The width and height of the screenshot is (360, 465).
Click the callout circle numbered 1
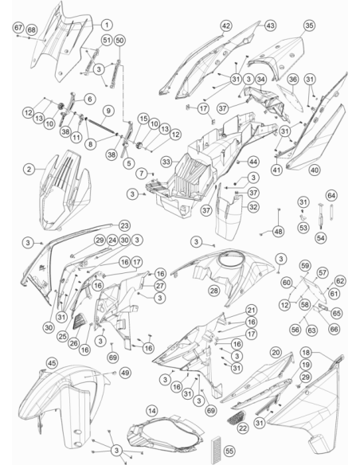[x=107, y=25]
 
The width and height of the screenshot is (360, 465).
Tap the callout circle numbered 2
[x=29, y=170]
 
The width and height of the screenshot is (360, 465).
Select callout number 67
[x=18, y=28]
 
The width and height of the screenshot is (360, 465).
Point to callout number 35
[x=309, y=25]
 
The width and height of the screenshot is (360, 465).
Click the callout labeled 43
[x=270, y=25]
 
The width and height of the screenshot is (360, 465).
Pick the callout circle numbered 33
[x=166, y=162]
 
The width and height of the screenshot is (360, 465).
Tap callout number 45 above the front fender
[x=53, y=363]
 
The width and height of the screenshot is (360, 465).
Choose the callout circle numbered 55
[x=229, y=451]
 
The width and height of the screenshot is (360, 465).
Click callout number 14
[x=152, y=411]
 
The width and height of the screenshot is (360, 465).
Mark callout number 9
[x=108, y=111]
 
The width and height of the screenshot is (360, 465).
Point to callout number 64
[x=331, y=196]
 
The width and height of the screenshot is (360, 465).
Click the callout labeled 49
[x=125, y=373]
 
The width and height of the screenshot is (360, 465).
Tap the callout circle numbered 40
[x=315, y=170]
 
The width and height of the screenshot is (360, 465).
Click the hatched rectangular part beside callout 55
[x=216, y=450]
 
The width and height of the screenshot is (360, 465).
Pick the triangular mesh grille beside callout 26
[x=79, y=321]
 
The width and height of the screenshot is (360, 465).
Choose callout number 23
[x=124, y=225]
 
